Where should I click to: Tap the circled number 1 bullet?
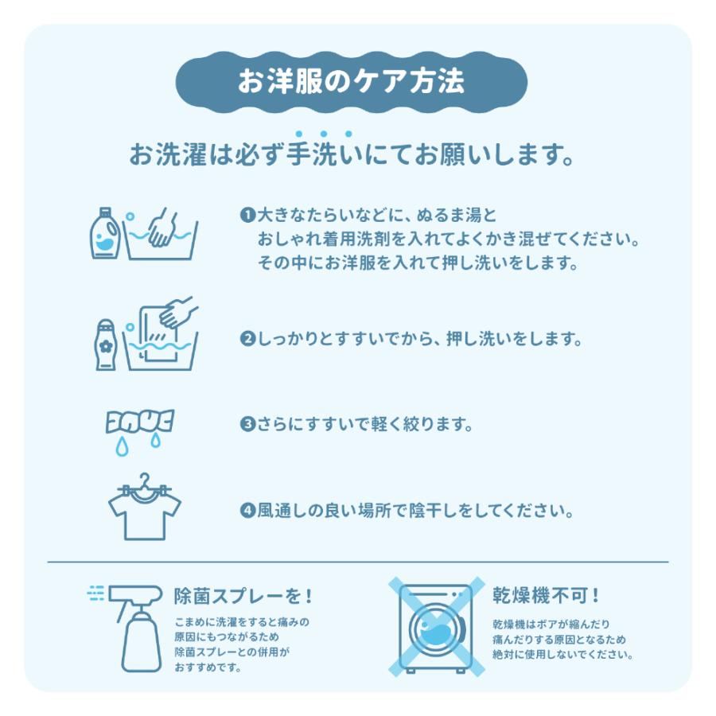point(247,216)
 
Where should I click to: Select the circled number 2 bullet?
point(247,339)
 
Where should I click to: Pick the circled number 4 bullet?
point(247,510)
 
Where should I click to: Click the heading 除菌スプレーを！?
point(243,595)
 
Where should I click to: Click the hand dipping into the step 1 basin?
point(162,227)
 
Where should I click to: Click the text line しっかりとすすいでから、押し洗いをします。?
point(418,339)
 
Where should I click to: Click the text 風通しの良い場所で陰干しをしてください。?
point(414,510)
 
